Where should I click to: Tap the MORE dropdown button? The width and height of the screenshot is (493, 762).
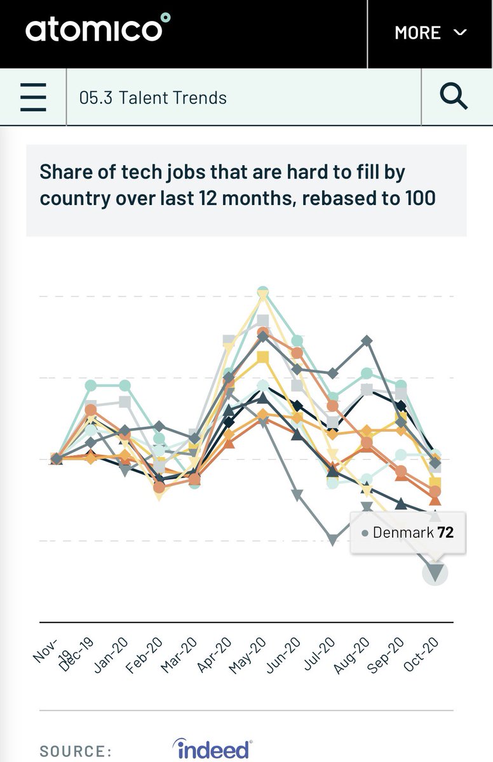(430, 32)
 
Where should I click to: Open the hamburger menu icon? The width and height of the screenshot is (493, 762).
(33, 97)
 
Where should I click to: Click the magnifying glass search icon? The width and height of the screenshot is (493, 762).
(454, 97)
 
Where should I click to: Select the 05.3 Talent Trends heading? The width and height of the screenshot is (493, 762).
(152, 98)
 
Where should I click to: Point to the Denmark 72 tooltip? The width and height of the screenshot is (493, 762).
(408, 532)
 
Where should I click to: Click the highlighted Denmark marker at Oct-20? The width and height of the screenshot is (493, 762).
(435, 572)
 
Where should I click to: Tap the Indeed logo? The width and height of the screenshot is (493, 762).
(212, 749)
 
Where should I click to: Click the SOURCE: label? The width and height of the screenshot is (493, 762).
(76, 751)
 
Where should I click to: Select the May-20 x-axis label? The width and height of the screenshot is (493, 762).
(246, 655)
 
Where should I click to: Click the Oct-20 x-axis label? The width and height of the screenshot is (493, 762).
(421, 655)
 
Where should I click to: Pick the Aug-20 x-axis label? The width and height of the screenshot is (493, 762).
(351, 655)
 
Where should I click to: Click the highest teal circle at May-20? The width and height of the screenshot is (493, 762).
(263, 291)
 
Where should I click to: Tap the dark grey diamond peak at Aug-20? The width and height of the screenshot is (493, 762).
(367, 341)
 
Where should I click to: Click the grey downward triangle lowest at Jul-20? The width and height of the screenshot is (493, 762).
(332, 540)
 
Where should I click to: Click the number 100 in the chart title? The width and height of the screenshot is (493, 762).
(419, 197)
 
